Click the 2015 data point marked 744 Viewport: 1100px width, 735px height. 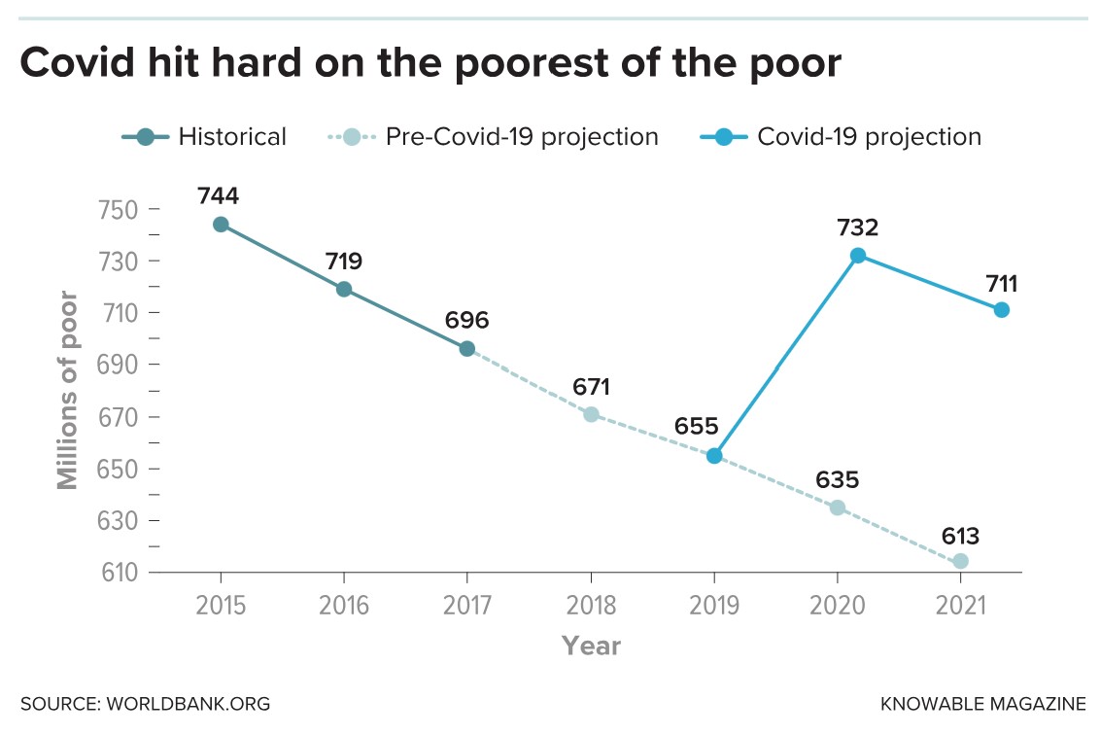coord(221,225)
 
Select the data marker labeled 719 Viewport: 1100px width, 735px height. coord(344,289)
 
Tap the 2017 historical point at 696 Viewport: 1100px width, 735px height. coord(467,349)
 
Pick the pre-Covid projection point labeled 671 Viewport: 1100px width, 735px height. coord(591,414)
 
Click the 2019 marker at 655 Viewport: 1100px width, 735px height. coord(714,456)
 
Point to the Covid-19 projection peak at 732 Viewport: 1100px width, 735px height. coord(857,256)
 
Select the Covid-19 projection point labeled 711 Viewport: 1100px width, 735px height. coord(1002,310)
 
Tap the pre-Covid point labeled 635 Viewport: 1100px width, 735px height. coord(837,507)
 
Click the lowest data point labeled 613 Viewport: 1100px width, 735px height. coord(960,561)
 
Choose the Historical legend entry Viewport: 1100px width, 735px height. coord(204,137)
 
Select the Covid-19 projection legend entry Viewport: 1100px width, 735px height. coord(841,137)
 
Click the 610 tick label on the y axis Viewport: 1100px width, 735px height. coord(120,573)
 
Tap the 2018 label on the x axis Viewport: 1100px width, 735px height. coord(591,606)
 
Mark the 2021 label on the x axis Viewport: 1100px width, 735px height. coord(960,606)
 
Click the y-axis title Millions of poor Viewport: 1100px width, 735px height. coord(67,389)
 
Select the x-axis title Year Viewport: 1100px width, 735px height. coord(591,646)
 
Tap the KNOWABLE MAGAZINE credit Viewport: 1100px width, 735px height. coord(983,703)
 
